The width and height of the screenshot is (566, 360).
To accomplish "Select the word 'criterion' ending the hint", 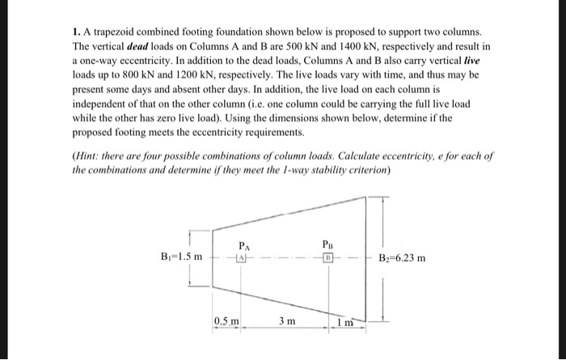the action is pyautogui.click(x=368, y=170).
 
